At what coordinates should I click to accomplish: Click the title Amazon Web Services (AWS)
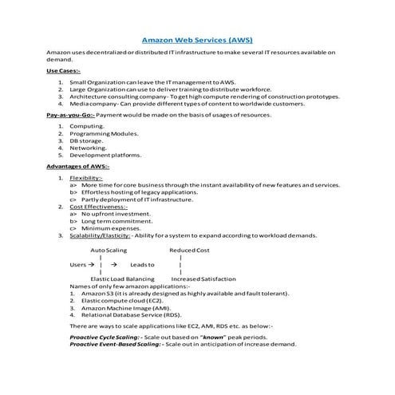coord(197,38)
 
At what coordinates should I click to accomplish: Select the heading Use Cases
coord(63,71)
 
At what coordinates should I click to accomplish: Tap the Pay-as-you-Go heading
coord(72,115)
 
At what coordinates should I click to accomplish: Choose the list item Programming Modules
coord(98,133)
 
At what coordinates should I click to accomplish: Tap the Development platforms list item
coord(105,155)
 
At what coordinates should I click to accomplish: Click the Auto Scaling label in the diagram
coord(109,251)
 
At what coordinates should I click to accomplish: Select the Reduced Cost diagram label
coord(189,251)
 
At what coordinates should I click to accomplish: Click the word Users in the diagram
coord(77,264)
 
